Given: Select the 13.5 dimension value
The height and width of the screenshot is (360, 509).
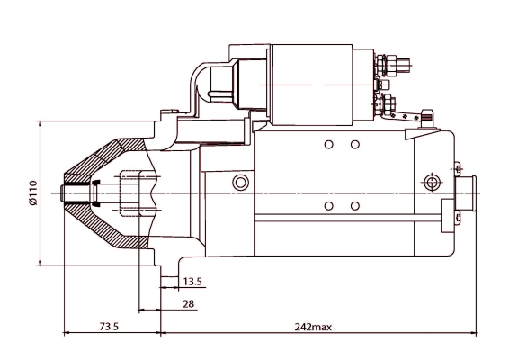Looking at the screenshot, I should [x=192, y=282].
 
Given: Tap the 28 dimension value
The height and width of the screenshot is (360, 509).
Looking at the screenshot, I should [x=189, y=304].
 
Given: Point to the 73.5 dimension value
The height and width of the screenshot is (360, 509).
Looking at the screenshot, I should [x=109, y=327].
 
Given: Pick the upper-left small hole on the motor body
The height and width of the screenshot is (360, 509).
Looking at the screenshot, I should [x=329, y=145].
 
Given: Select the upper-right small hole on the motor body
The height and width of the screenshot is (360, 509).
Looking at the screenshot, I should [x=355, y=145].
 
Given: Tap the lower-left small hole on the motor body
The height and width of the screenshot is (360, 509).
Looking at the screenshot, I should [x=329, y=206].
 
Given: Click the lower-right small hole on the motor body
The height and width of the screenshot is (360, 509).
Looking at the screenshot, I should [x=355, y=206].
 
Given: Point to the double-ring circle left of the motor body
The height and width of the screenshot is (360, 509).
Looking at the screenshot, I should [x=240, y=184].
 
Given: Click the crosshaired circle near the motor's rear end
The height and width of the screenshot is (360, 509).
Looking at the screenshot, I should [x=433, y=184].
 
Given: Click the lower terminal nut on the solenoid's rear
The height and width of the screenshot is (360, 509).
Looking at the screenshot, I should [x=388, y=103].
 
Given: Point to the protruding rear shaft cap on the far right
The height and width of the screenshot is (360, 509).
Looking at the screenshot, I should [x=466, y=193].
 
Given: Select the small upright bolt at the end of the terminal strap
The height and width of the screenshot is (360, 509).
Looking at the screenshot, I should [x=429, y=116].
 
